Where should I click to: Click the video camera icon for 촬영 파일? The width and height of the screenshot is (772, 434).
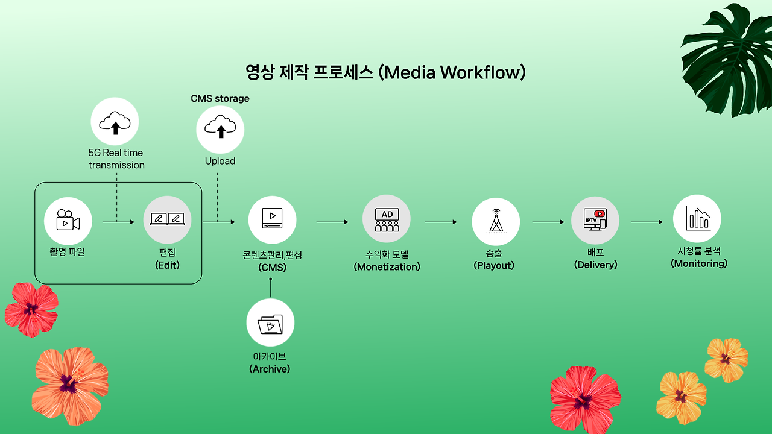click(x=68, y=221)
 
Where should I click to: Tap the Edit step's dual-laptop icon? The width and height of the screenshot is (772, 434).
click(x=167, y=220)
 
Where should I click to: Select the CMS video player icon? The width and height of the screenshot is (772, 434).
click(x=272, y=219)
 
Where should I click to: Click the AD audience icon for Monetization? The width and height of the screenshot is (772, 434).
click(x=387, y=220)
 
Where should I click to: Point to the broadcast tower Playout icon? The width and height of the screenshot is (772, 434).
click(x=496, y=222)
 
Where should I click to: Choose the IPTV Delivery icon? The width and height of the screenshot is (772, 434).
click(x=595, y=220)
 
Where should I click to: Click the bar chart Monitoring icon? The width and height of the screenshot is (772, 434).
click(x=697, y=218)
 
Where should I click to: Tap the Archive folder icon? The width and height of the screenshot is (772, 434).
click(x=270, y=324)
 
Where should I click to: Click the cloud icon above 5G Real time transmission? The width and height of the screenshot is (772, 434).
click(x=115, y=122)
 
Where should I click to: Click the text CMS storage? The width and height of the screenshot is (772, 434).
click(x=220, y=98)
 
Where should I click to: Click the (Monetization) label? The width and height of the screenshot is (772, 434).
click(x=387, y=266)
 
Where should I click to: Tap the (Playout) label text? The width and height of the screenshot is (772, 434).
click(x=494, y=265)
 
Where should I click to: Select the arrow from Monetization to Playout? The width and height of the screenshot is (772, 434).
click(x=441, y=222)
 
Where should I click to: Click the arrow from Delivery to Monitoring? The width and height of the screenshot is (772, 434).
click(x=647, y=222)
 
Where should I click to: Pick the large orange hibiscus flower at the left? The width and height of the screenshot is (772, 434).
click(x=69, y=384)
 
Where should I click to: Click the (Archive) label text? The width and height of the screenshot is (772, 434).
click(x=270, y=369)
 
